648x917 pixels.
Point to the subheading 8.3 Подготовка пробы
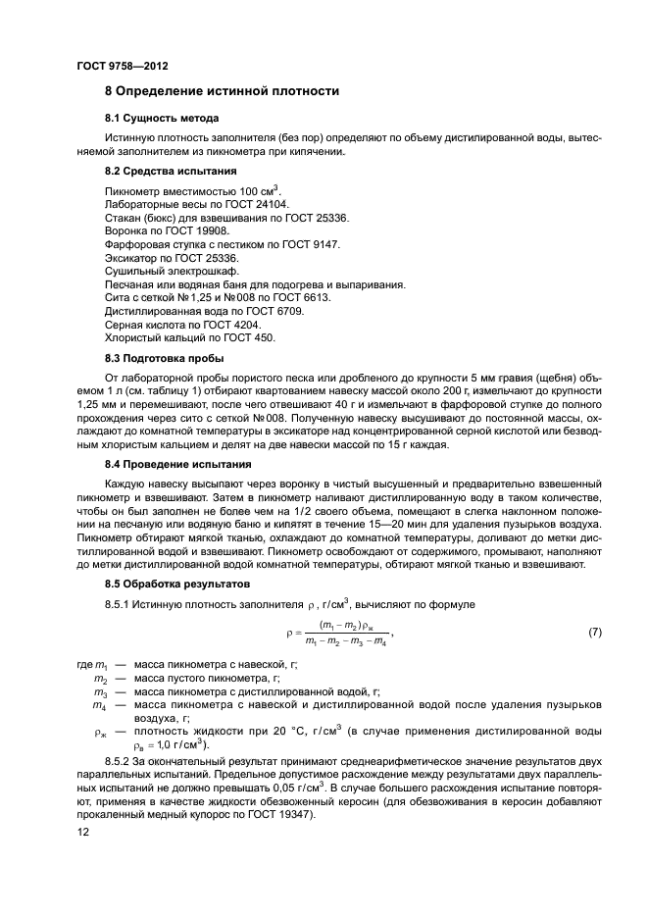(164, 358)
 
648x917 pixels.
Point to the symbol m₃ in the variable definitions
(99, 691)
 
